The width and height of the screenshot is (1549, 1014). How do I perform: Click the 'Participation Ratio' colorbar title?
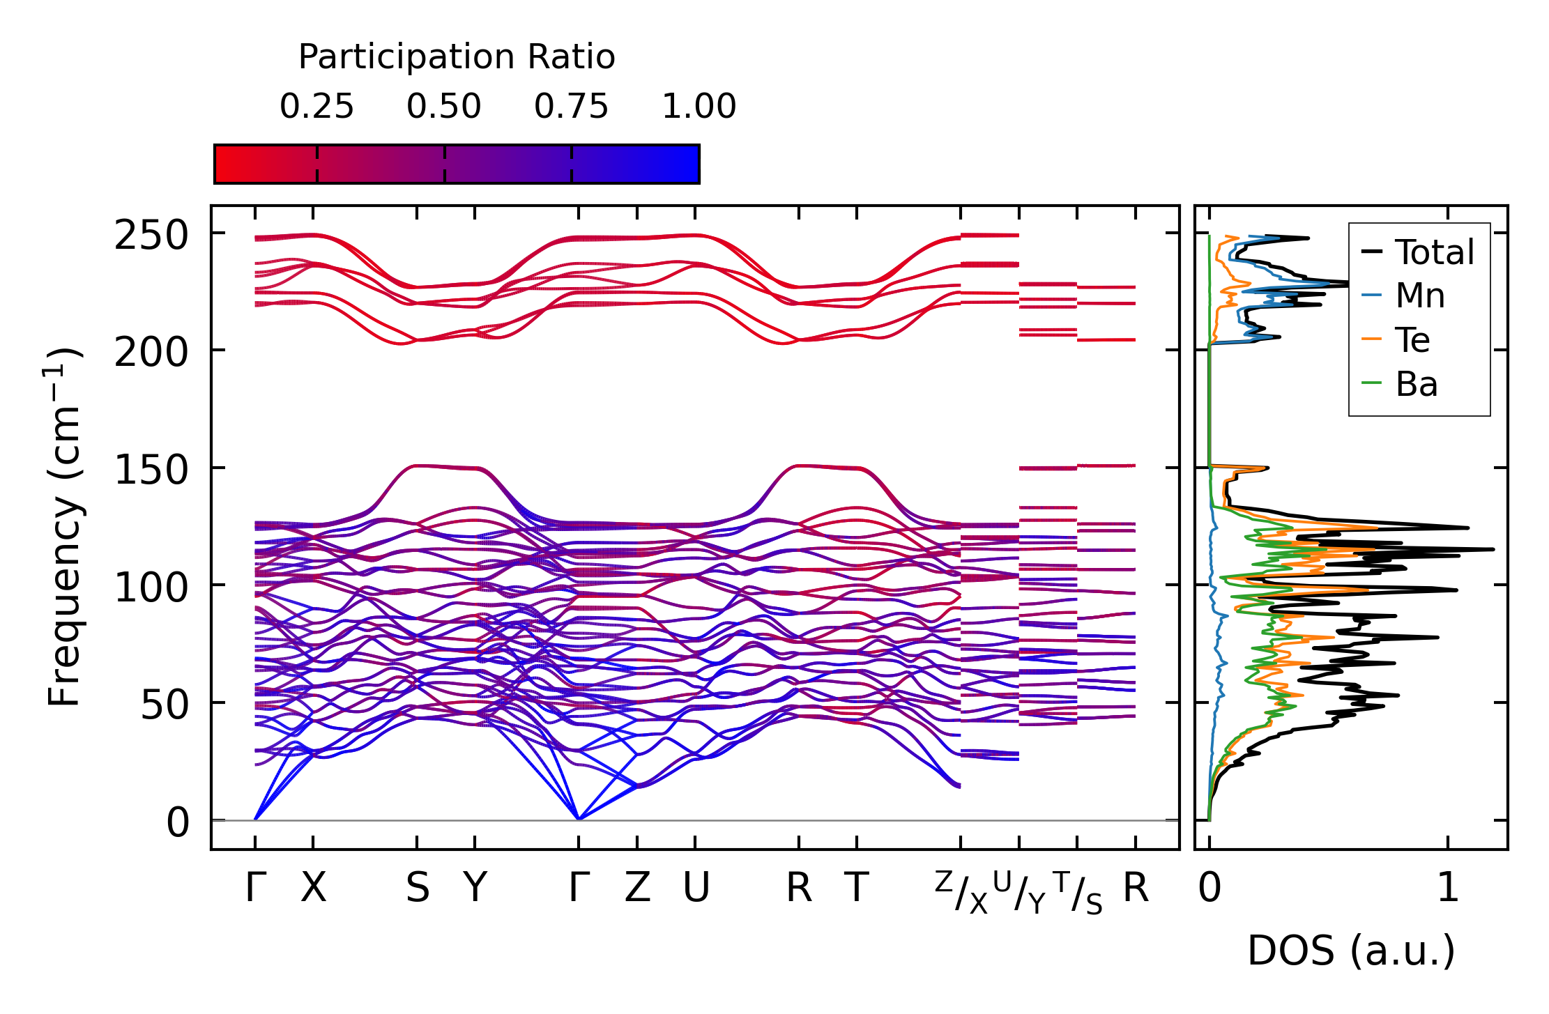(x=457, y=57)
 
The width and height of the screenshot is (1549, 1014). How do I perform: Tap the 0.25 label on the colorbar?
(x=316, y=107)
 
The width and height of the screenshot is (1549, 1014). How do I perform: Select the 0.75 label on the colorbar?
(x=571, y=107)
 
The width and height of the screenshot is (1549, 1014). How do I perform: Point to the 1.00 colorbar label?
(x=699, y=107)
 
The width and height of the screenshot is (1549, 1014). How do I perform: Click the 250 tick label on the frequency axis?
(x=151, y=236)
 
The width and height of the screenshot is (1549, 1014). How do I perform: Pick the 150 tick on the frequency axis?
(x=151, y=470)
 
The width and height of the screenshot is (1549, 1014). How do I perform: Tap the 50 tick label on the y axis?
(x=165, y=705)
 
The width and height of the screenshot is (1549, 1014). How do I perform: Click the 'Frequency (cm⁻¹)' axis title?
(x=65, y=527)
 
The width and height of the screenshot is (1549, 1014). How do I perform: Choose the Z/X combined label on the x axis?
(x=961, y=892)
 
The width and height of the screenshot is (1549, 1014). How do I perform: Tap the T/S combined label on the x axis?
(x=1078, y=892)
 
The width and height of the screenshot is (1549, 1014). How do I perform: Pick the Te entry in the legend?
(x=1412, y=340)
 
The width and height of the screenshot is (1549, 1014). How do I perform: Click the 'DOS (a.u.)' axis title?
(x=1351, y=951)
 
